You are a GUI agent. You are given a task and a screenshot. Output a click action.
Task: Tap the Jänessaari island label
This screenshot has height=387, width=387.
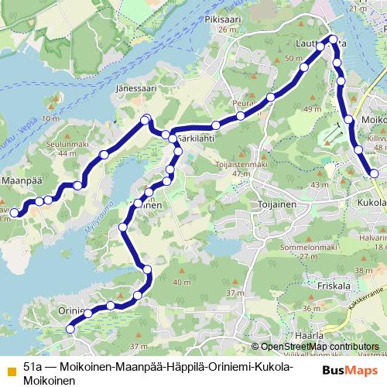(x=136, y=89)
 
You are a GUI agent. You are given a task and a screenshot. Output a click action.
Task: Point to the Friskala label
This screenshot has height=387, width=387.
(x=335, y=284)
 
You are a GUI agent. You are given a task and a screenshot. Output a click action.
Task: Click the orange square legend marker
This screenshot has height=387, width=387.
(x=10, y=368)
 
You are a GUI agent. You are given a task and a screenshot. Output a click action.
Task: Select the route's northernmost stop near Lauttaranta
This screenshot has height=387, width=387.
(x=334, y=39)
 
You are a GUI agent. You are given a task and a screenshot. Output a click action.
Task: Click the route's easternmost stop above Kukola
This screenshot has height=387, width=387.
(x=375, y=174)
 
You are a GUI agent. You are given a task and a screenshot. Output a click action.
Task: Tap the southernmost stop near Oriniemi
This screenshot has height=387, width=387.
(x=70, y=328)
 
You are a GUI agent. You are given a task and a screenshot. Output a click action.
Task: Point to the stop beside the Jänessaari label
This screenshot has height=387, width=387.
(x=146, y=118)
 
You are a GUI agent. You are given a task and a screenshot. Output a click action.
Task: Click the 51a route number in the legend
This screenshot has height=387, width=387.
(x=32, y=365)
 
